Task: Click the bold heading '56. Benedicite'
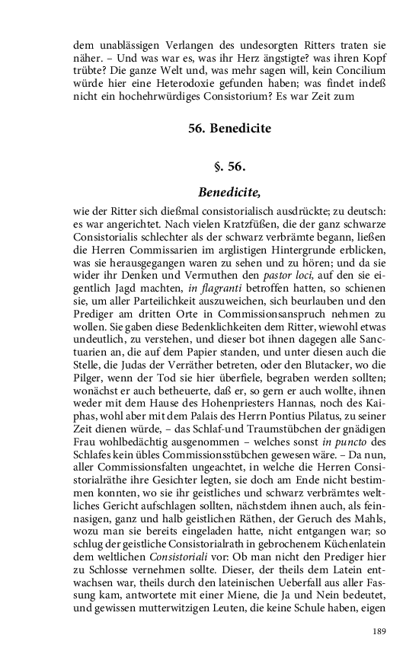229,129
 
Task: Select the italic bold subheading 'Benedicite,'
229,192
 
